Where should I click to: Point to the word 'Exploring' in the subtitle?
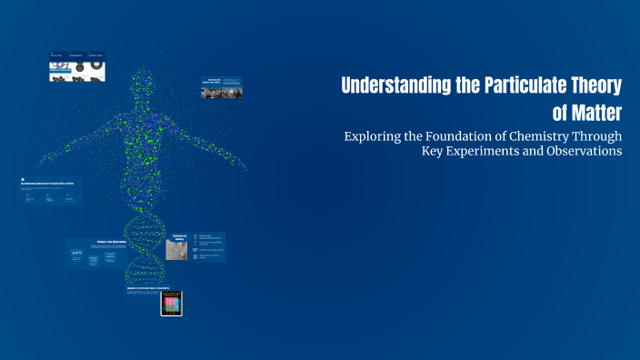[373, 136]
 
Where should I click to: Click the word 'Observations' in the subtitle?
[582, 151]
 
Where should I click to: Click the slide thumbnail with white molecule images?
[77, 67]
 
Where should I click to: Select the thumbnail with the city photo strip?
[222, 87]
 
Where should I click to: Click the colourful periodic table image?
[172, 303]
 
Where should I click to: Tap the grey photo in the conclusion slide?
[176, 250]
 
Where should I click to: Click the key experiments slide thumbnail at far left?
[51, 190]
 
